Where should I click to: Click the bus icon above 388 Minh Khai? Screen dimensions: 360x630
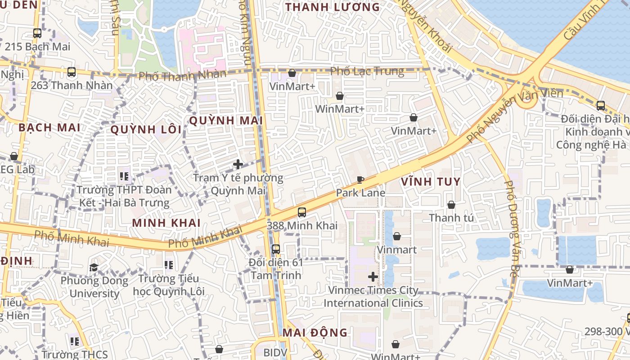302,212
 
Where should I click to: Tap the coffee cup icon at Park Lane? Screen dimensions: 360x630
360,180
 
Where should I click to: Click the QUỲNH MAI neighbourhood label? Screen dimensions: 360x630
226,121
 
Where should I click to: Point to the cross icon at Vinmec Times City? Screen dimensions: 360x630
373,277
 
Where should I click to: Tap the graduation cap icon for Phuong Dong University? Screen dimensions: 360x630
94,268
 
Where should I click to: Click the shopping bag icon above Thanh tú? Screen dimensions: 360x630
451,205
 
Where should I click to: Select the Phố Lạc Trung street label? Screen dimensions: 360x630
367,72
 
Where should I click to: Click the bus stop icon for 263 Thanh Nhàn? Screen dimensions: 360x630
72,72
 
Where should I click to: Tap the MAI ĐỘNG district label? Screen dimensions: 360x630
315,333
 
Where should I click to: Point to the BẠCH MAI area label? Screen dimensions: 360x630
49,127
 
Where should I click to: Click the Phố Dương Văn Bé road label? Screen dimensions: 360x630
511,228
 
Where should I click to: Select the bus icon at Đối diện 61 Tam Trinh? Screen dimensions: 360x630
276,249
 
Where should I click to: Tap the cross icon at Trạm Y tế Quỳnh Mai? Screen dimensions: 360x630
238,165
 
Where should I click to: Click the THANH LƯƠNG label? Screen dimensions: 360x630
333,7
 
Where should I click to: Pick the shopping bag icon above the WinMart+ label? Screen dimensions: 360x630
340,96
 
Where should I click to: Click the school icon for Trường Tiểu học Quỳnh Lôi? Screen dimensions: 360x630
169,265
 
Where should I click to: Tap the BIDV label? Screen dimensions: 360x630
275,352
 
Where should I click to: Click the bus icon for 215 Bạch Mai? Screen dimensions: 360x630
37,33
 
